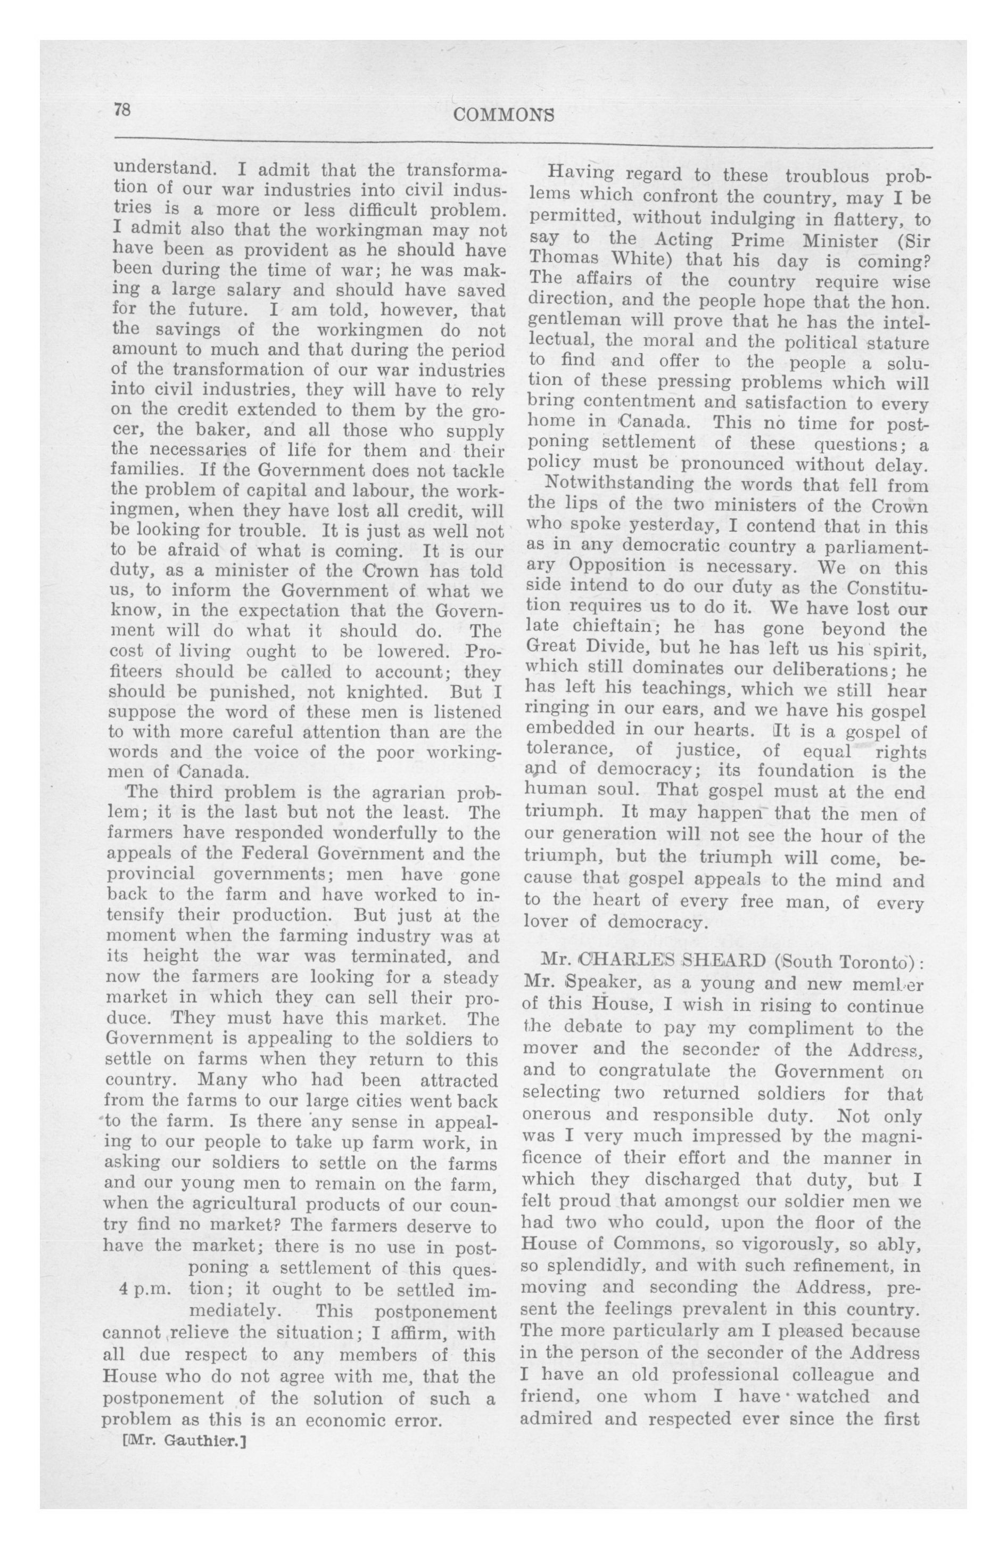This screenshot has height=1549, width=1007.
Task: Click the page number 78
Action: click(x=122, y=109)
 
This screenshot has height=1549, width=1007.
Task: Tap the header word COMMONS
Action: click(x=504, y=115)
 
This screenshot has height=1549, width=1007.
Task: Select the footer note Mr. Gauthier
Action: click(x=184, y=1441)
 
